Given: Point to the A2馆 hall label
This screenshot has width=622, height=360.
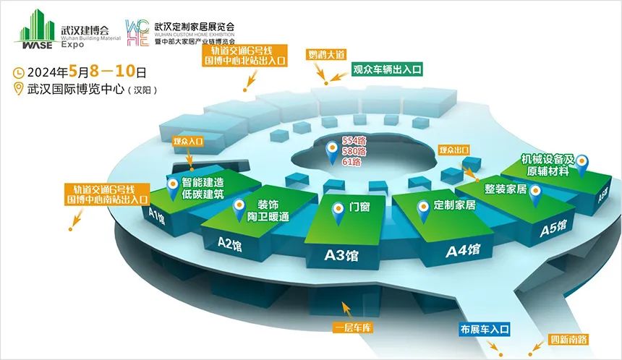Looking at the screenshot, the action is coord(229,244).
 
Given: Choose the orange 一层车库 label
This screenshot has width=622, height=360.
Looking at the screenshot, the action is coord(352,328).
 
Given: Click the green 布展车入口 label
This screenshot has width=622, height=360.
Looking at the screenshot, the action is coord(485,330).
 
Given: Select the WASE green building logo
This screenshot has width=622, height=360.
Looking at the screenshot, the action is coord(35,32).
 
